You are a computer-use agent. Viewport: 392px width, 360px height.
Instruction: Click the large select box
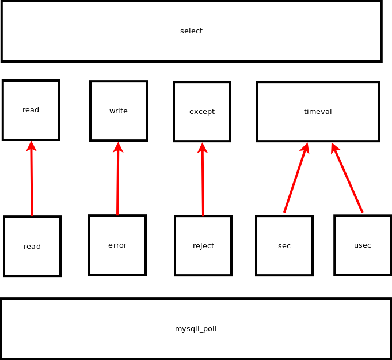(191, 31)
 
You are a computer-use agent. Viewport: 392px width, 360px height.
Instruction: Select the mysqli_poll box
(196, 328)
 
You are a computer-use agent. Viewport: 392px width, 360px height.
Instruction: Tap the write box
(119, 111)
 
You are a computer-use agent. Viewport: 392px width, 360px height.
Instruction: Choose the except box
(202, 111)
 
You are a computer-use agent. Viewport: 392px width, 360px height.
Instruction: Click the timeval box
(318, 111)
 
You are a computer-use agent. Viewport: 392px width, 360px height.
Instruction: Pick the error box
(117, 245)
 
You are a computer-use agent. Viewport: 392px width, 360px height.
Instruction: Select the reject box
(203, 245)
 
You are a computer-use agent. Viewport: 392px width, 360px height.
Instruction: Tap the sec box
(284, 245)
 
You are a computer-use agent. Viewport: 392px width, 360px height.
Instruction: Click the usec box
(363, 245)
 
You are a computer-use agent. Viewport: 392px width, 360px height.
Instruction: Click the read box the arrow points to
(31, 110)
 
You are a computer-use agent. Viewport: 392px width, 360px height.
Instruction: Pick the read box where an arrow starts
(32, 246)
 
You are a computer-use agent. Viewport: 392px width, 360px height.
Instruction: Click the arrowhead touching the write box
(118, 147)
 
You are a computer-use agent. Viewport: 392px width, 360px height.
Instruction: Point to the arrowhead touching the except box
(202, 148)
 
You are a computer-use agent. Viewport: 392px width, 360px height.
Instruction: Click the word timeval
(318, 112)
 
